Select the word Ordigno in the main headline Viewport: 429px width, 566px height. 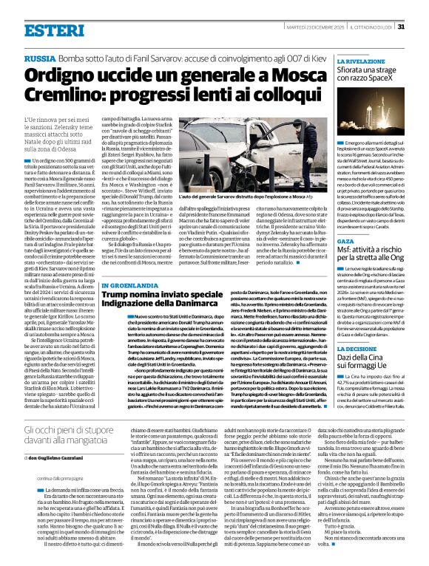pos(63,75)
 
